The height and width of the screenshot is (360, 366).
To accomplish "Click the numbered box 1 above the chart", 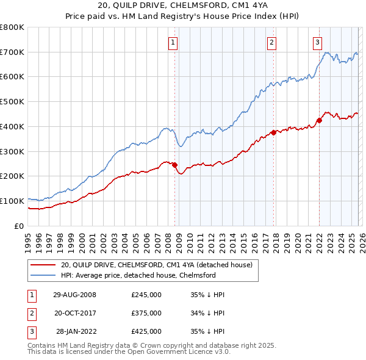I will point(174,42).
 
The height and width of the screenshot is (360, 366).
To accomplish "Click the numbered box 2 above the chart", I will point(271,42).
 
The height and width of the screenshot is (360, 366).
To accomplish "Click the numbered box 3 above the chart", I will point(318,42).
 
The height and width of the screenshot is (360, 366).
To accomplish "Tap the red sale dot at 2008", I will point(174,165).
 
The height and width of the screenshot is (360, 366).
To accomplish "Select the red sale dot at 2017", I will point(273,132).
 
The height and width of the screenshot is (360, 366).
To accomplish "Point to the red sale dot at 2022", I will point(319,120).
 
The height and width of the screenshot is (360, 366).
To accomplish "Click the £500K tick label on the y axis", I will point(12,102).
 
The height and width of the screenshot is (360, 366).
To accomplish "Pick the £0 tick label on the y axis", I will point(20,226).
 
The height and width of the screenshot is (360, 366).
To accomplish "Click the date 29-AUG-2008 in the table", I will point(74,295).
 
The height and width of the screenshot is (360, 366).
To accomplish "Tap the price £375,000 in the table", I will point(146,313).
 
